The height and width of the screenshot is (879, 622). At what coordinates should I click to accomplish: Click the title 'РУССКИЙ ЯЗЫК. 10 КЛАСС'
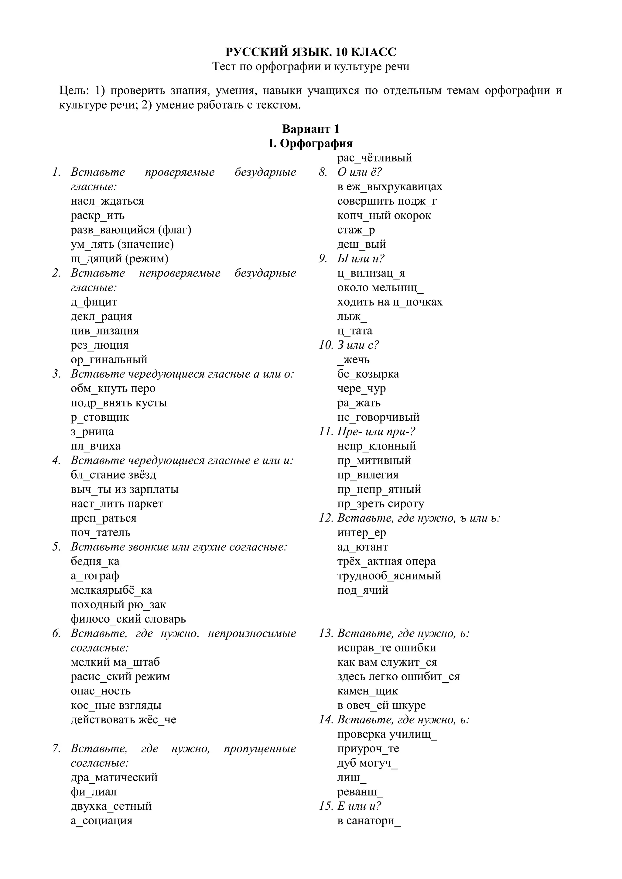coord(311,52)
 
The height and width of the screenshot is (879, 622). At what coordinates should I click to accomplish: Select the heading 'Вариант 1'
coord(311,129)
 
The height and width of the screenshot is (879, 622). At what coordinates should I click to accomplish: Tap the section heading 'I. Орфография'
coord(311,143)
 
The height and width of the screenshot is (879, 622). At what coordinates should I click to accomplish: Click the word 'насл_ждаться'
coord(107,201)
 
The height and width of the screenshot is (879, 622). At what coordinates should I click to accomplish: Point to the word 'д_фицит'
coord(94,302)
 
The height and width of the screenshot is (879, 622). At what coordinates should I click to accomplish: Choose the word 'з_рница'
coord(92,432)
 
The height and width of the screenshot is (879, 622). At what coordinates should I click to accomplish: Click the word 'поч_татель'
coord(100,532)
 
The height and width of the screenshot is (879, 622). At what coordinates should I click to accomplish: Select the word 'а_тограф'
coord(95,575)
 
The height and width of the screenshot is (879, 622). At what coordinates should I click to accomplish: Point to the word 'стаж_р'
coord(356,230)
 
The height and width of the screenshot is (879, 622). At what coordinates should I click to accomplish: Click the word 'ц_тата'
coord(355,331)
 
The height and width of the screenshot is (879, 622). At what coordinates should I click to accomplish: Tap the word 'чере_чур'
coord(361,388)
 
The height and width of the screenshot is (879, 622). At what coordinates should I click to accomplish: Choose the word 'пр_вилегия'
coord(368,475)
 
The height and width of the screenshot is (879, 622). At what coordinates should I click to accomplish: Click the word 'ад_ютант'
coord(363,547)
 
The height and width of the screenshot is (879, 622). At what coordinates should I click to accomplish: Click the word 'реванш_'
coord(360,792)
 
